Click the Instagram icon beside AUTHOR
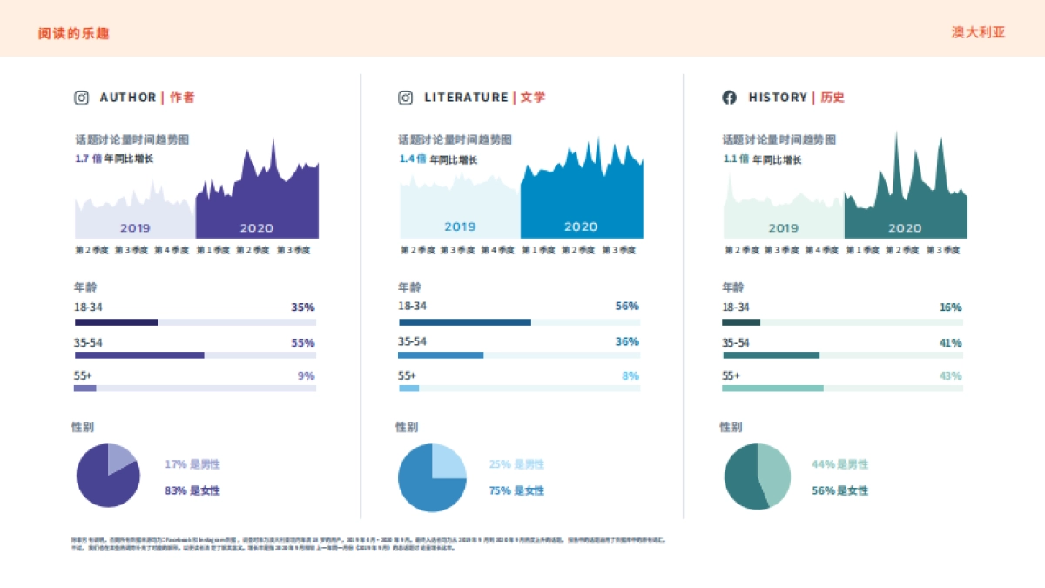[81, 98]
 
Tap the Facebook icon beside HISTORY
[730, 98]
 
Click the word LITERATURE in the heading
[466, 98]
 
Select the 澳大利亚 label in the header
[978, 32]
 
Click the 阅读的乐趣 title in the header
[73, 33]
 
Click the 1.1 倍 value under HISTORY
[736, 159]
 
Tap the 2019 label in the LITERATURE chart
[460, 226]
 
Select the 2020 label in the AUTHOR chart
[256, 228]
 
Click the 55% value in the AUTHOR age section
[303, 343]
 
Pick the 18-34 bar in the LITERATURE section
[465, 322]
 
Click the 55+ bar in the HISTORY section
[772, 388]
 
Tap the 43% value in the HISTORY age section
[950, 375]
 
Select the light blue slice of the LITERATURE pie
[448, 460]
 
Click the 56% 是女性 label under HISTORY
[839, 490]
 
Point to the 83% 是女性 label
[192, 490]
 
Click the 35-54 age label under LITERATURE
[412, 341]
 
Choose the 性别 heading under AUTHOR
[83, 427]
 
